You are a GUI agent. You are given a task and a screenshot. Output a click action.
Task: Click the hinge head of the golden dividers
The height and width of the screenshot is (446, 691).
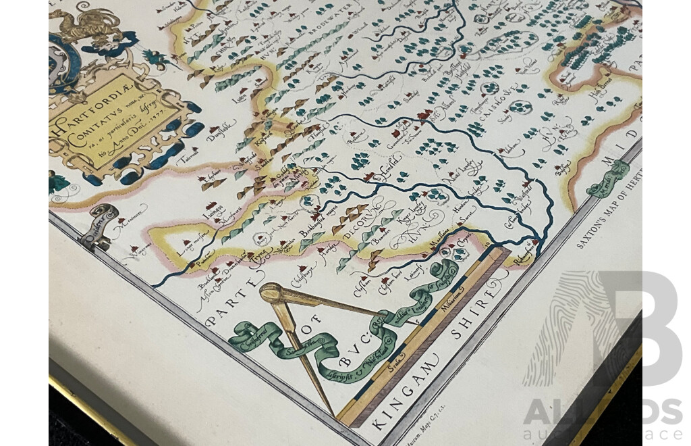[x=272, y=293]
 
